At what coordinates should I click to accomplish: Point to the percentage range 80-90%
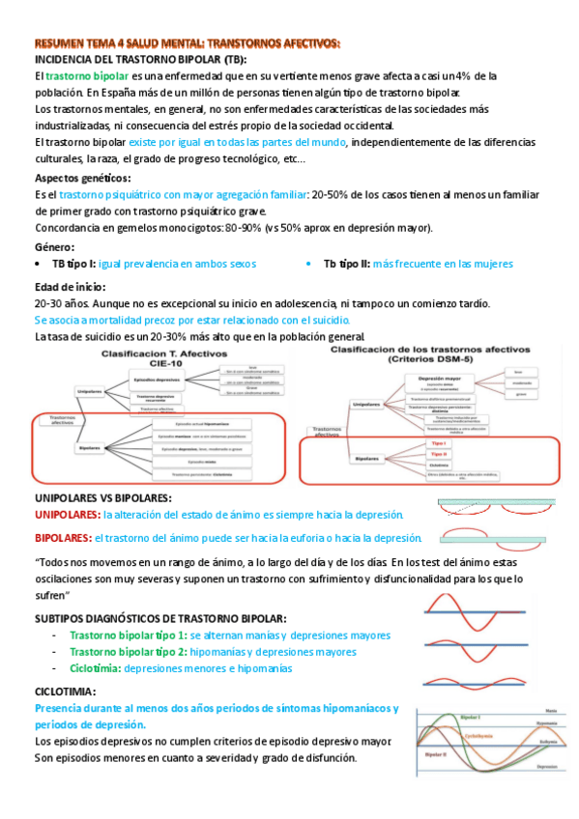click(246, 228)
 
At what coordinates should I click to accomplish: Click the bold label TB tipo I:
click(73, 264)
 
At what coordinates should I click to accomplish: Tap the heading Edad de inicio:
click(71, 287)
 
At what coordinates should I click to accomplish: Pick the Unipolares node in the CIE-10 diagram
click(90, 390)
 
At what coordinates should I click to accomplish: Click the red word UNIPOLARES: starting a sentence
click(67, 515)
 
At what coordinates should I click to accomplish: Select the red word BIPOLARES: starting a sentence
click(63, 538)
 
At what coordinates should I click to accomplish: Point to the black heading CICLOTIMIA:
click(65, 692)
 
